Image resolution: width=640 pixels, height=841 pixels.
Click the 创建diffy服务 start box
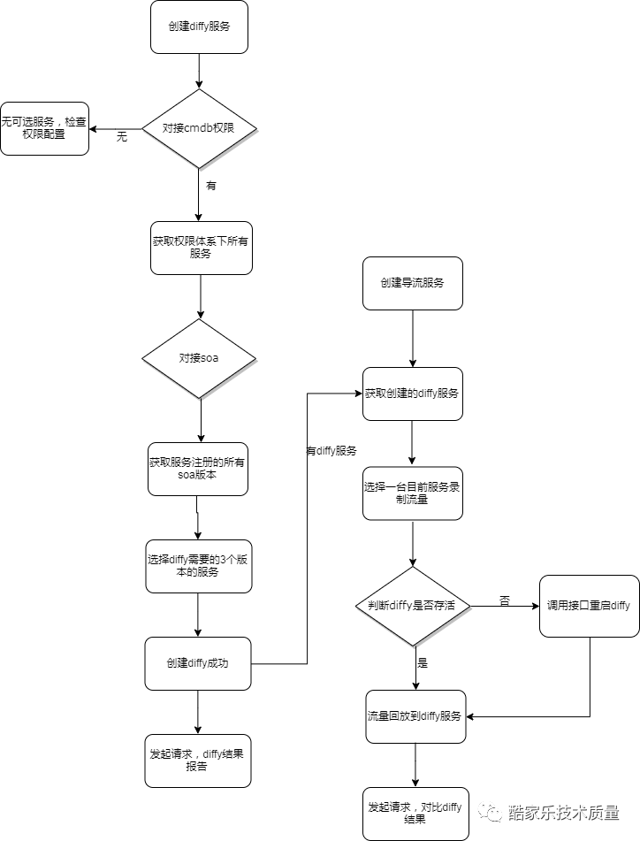click(199, 27)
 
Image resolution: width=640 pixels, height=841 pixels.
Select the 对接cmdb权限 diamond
click(199, 128)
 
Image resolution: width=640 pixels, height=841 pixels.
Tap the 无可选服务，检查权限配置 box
click(44, 128)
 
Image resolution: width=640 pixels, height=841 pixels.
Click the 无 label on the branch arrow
click(122, 137)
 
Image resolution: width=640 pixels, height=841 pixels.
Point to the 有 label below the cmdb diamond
click(210, 187)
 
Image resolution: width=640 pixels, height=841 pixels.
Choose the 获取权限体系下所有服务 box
click(202, 247)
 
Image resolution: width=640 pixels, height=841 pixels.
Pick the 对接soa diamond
click(199, 358)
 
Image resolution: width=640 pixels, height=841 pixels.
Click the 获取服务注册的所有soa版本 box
click(197, 469)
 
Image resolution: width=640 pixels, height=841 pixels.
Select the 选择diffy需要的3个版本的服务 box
click(198, 566)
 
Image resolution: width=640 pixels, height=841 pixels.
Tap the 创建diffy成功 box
click(198, 663)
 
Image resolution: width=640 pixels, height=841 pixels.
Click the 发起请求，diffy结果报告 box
click(198, 761)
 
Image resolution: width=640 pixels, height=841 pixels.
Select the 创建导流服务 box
click(412, 283)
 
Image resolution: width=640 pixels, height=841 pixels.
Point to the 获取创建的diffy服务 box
click(412, 394)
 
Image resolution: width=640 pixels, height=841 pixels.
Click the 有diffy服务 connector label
click(331, 451)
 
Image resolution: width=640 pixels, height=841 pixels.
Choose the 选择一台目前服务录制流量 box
click(412, 493)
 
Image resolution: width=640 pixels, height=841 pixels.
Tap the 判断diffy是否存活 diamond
click(412, 606)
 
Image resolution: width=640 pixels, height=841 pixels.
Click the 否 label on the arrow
click(505, 600)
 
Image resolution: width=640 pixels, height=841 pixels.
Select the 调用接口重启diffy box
click(590, 606)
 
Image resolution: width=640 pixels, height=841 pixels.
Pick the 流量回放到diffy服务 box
click(415, 716)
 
